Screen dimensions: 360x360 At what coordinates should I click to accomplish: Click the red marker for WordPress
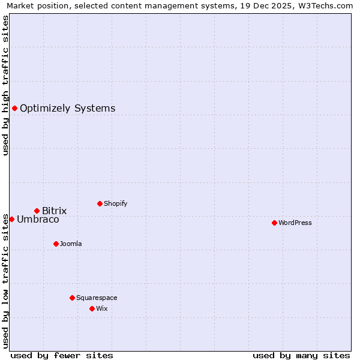click(274, 223)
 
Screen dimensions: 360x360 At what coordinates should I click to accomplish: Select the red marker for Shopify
click(100, 203)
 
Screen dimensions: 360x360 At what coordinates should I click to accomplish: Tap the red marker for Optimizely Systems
click(14, 108)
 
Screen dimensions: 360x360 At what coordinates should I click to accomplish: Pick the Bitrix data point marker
click(37, 211)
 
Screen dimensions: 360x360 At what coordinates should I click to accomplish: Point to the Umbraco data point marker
click(11, 219)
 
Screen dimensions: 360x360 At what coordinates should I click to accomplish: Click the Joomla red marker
click(56, 244)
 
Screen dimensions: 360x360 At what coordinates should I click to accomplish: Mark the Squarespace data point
click(72, 298)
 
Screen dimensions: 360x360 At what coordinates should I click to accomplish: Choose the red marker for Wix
click(92, 308)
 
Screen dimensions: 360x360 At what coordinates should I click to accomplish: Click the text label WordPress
click(295, 223)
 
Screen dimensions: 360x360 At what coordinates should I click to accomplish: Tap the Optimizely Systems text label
click(67, 109)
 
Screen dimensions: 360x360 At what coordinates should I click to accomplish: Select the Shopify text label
click(116, 203)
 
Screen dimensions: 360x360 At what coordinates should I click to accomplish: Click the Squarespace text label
click(97, 298)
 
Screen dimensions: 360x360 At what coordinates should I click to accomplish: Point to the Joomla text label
click(71, 244)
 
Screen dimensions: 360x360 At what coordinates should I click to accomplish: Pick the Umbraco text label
click(38, 220)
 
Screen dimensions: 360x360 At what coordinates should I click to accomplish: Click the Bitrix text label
click(54, 211)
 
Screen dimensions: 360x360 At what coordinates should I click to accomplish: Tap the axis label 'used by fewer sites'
click(62, 355)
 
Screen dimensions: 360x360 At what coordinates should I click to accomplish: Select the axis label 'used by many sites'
click(301, 355)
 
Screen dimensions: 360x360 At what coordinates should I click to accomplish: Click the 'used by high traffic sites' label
click(5, 85)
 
